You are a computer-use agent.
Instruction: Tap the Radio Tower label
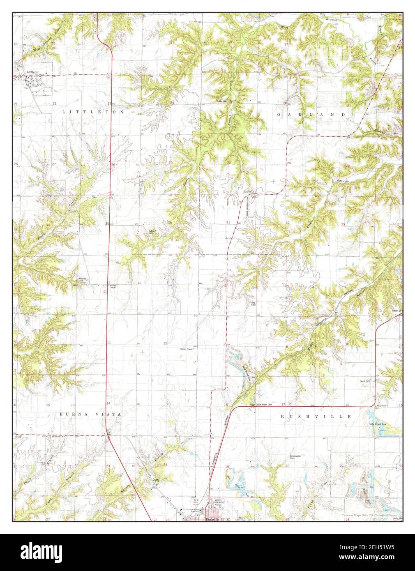[187, 349]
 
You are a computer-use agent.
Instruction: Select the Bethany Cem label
[153, 232]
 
